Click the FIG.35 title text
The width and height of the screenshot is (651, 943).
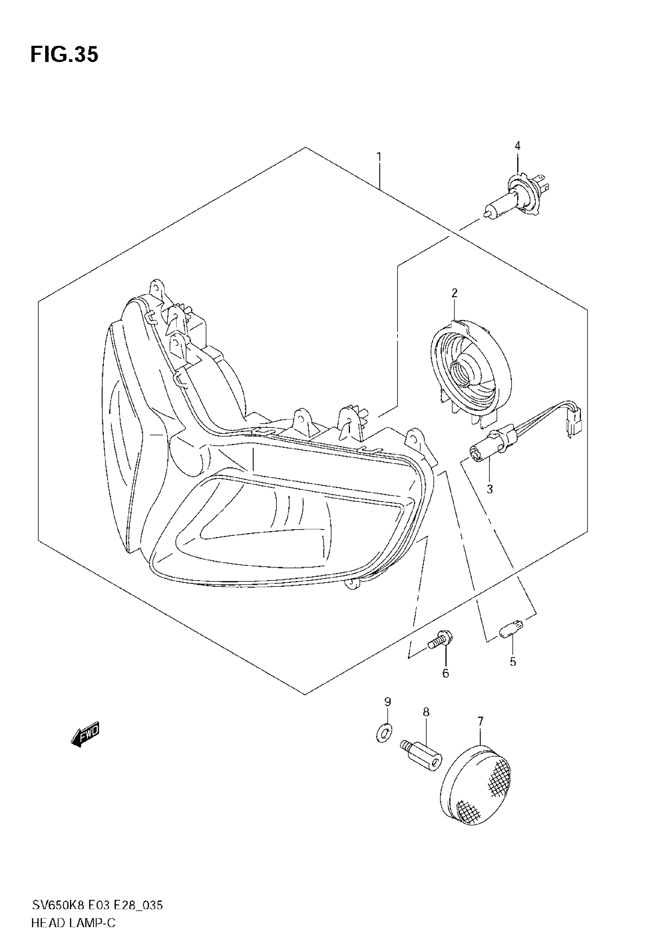tap(64, 55)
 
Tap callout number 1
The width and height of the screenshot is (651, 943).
tap(379, 157)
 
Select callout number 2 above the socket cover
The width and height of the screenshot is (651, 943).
tap(455, 293)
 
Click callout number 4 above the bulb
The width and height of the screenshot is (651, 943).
tap(517, 146)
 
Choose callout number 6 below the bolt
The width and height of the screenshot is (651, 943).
tap(445, 673)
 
